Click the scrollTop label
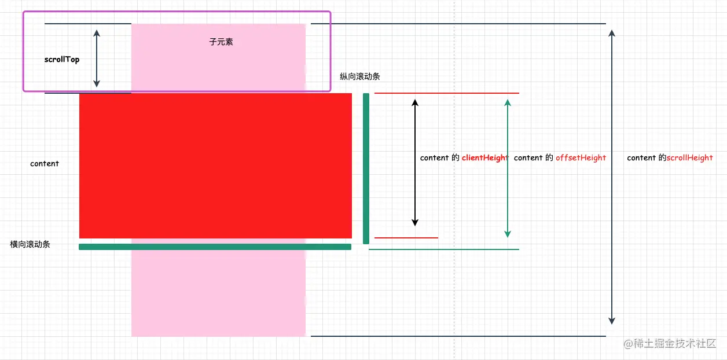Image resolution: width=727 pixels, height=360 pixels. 62,60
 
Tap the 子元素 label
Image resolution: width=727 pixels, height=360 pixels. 221,42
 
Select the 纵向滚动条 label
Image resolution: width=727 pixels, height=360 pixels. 359,76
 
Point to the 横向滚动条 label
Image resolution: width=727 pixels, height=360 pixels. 30,244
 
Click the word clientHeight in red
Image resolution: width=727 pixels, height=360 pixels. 485,158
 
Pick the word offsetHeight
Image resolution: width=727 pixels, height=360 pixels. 581,158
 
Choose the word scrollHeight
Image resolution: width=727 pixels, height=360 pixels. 689,158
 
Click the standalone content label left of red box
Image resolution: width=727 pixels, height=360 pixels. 45,164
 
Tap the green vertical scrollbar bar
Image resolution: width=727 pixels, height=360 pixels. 366,168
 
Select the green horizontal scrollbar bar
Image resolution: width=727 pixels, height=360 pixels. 215,247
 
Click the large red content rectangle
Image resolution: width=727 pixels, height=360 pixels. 215,166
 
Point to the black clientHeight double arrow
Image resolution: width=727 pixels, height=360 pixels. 415,162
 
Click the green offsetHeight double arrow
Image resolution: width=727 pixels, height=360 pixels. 508,168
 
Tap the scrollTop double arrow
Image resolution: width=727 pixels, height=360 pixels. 97,58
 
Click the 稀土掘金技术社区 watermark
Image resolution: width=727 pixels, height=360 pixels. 670,343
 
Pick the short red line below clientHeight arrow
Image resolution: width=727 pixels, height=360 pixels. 406,238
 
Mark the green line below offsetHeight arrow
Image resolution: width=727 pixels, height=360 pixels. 444,249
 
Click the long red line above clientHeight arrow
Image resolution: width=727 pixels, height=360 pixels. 447,93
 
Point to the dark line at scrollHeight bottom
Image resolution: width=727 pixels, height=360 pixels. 458,336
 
